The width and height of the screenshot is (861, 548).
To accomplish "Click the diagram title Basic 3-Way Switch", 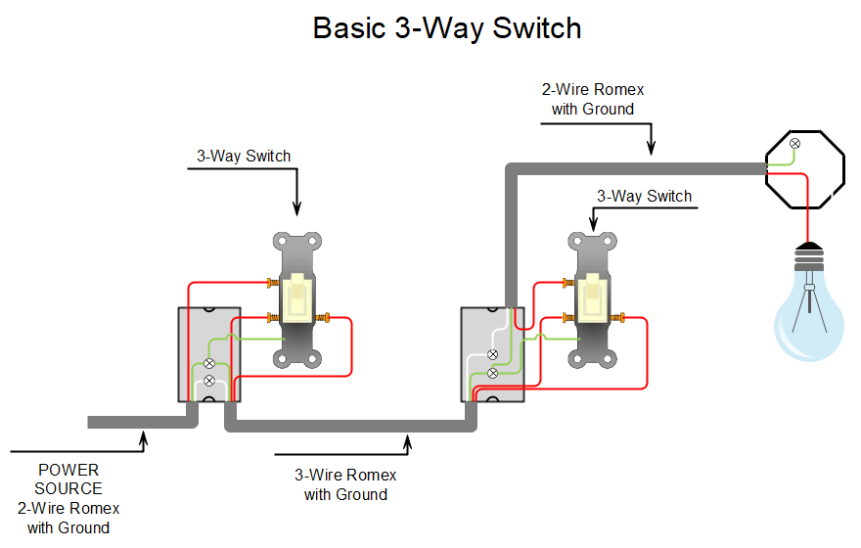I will (447, 28).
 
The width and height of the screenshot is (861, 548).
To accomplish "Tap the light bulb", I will (808, 313).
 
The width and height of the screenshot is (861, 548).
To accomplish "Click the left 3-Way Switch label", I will (244, 156).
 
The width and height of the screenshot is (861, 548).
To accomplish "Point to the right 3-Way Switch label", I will (644, 196).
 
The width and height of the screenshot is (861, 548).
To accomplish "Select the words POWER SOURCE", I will (68, 479).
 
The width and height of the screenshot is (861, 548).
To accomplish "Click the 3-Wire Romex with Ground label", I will (345, 484).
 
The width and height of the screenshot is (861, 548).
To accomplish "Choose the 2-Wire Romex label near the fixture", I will (592, 99).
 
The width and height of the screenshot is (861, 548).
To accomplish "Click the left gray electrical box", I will (207, 354).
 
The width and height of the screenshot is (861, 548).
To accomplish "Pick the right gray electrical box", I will (492, 354).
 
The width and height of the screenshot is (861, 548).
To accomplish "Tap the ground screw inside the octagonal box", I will (794, 144).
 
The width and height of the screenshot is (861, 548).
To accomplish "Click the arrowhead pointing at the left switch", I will (296, 208).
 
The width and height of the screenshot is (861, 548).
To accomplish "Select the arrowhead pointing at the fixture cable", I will (650, 150).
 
